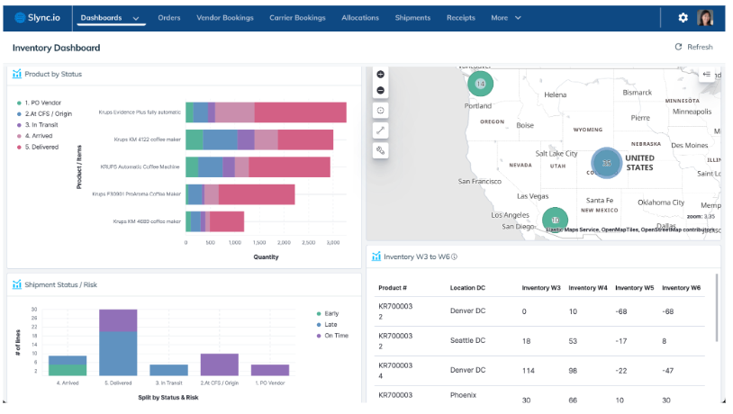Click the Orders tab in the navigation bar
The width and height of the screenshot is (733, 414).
(x=168, y=18)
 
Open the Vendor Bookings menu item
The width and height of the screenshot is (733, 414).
(x=224, y=18)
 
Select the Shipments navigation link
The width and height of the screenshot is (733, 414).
(x=412, y=18)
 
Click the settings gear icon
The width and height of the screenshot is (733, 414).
(x=683, y=18)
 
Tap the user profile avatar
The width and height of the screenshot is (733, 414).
(x=706, y=18)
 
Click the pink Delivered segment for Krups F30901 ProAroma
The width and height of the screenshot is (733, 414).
(x=257, y=194)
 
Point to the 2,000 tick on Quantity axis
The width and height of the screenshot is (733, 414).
(x=285, y=243)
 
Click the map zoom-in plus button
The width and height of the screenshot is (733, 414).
(x=381, y=74)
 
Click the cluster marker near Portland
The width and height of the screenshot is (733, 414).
(x=480, y=84)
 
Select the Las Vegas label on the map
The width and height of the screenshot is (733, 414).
(x=532, y=196)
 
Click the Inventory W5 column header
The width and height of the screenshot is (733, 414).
(x=634, y=288)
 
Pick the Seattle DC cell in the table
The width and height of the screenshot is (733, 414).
(x=467, y=341)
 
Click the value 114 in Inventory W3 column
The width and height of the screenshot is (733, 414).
(x=529, y=371)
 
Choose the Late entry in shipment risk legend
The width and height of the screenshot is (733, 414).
(x=330, y=324)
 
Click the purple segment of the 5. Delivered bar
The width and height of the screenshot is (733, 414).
(x=118, y=319)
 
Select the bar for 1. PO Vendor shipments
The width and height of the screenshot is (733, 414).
(x=270, y=370)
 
